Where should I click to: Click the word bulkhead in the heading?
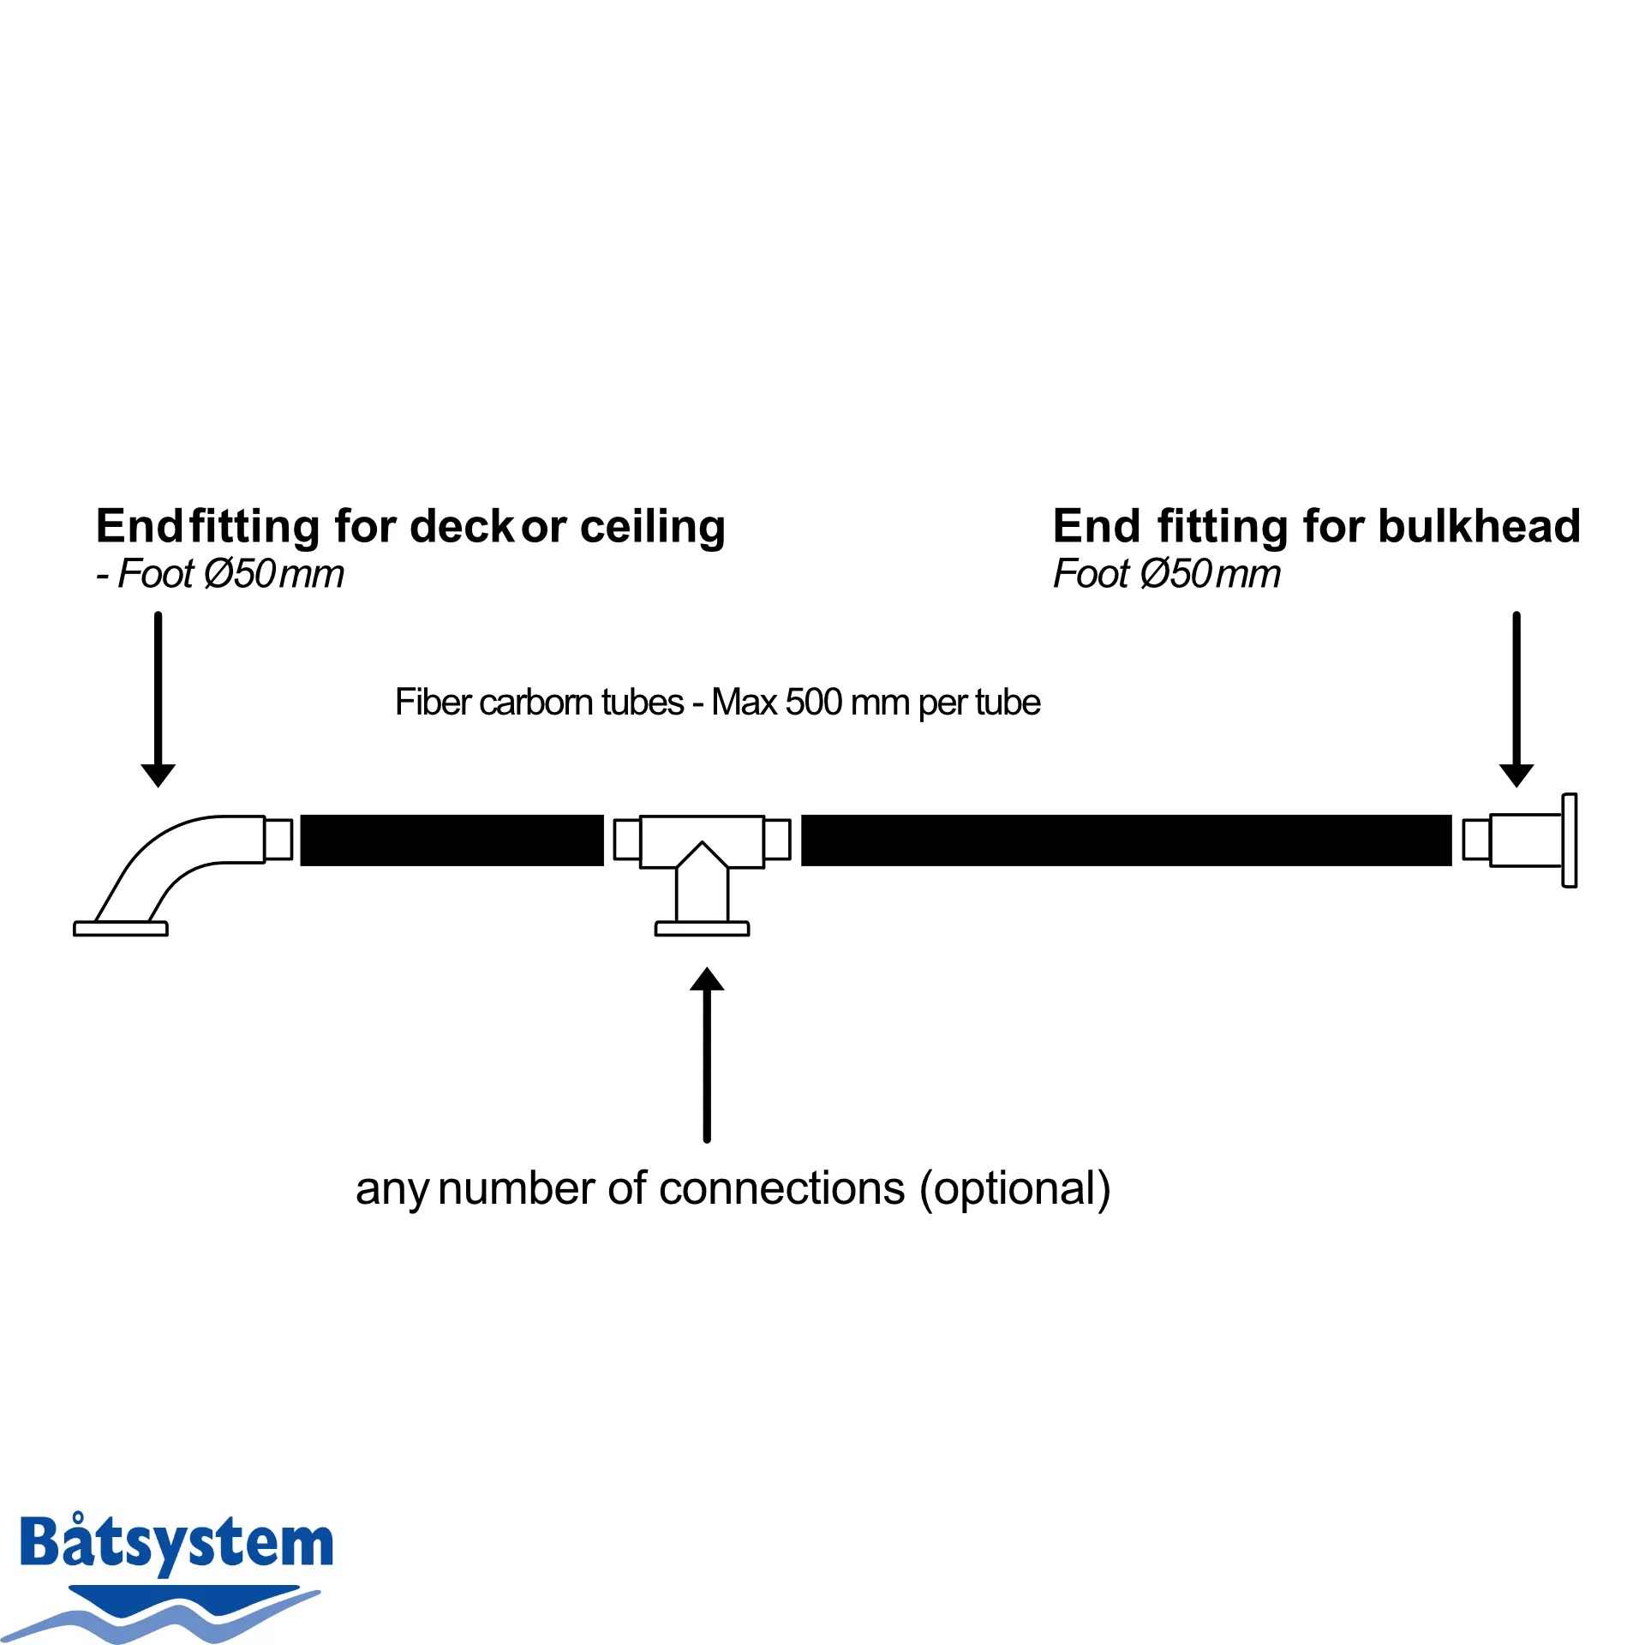point(1480,526)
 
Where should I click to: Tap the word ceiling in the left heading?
point(653,528)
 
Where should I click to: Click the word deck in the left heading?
point(464,526)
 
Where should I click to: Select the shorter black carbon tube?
point(452,840)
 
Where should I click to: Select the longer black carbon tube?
point(1126,840)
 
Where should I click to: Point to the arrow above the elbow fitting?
point(158,699)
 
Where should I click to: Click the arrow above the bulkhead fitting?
point(1516,699)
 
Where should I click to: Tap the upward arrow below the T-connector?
point(707,1055)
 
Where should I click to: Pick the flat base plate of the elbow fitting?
point(121,929)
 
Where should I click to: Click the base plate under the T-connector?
point(702,929)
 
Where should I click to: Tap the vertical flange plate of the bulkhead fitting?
point(1570,840)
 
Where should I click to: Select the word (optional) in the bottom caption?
point(1015,1189)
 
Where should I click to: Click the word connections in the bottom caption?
point(782,1189)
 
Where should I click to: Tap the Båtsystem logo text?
point(176,1541)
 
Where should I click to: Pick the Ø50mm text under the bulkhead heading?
point(1211,574)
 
